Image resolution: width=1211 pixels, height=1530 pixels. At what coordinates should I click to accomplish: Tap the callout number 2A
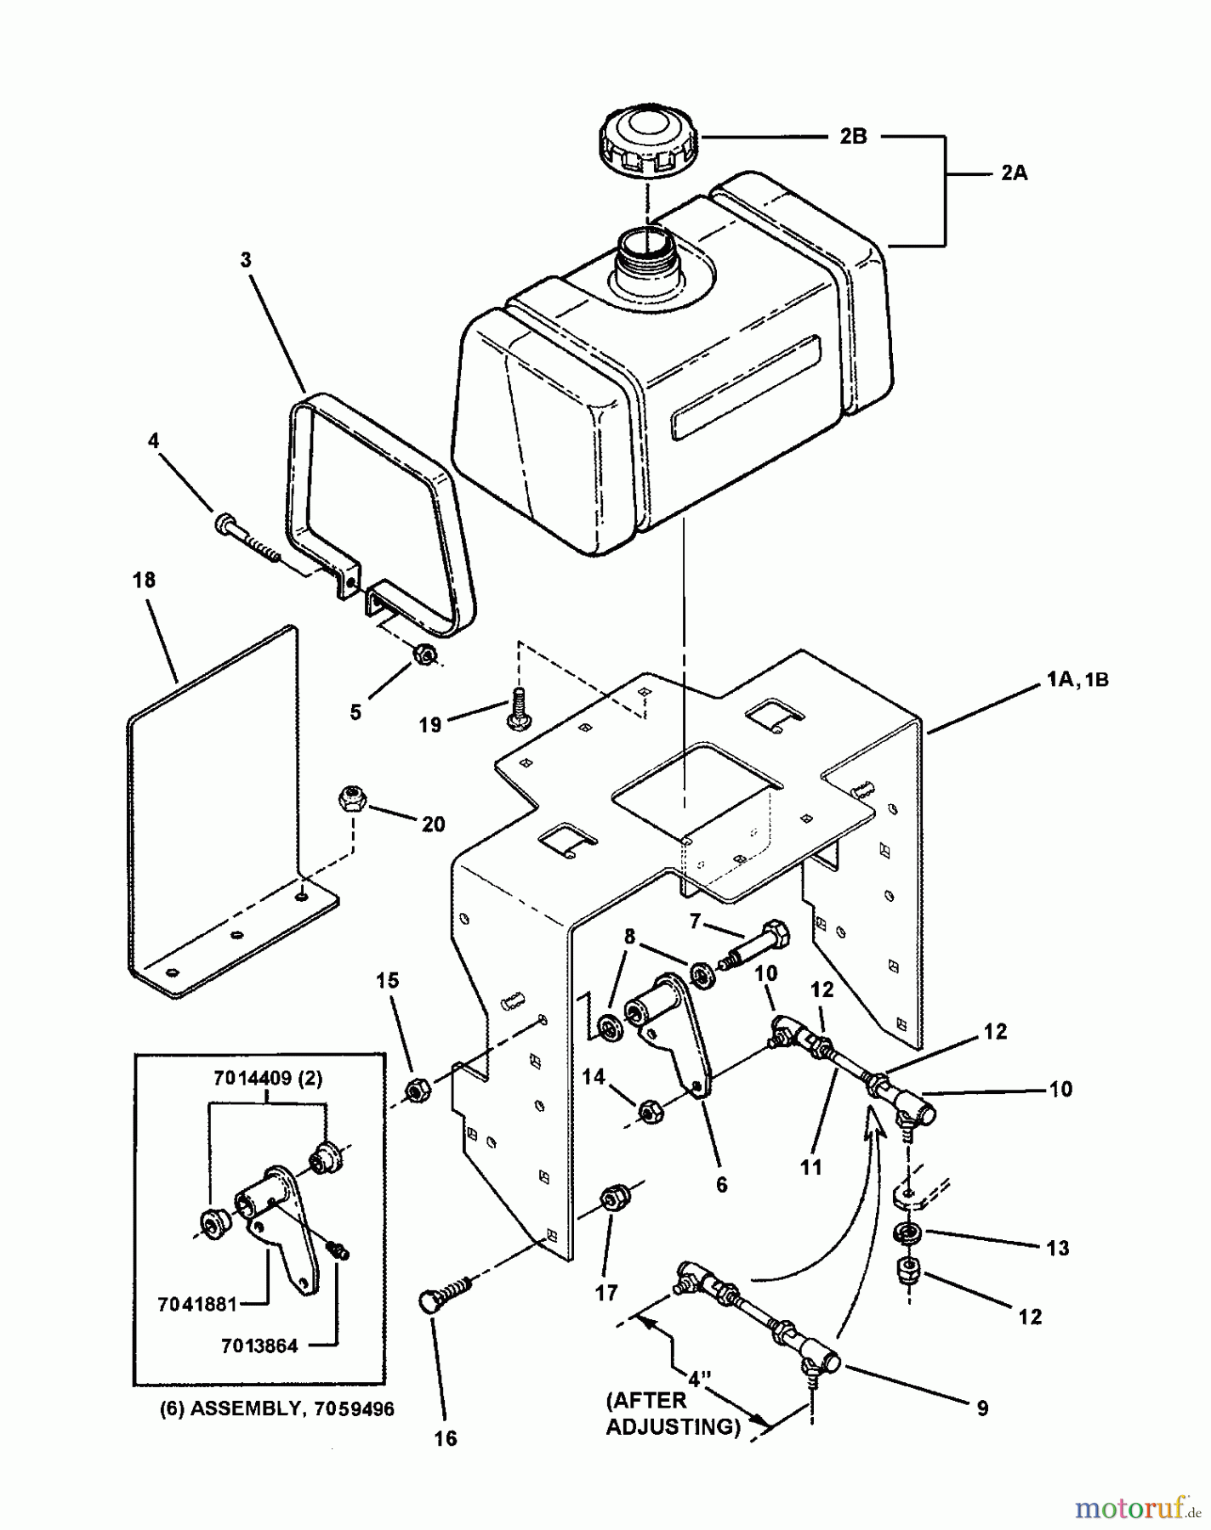coord(1013,173)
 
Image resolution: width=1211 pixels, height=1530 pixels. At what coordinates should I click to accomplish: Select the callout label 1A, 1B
coord(1079,680)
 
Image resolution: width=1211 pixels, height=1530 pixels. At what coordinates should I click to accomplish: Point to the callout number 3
coord(246,260)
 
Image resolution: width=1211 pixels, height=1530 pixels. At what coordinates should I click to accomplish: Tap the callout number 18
coord(144,580)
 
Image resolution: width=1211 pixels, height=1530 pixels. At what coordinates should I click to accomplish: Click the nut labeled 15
coord(416,1090)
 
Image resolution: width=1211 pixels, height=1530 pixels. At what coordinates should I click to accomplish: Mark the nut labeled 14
coord(648,1110)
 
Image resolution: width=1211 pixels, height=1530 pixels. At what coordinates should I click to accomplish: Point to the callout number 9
coord(982,1408)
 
